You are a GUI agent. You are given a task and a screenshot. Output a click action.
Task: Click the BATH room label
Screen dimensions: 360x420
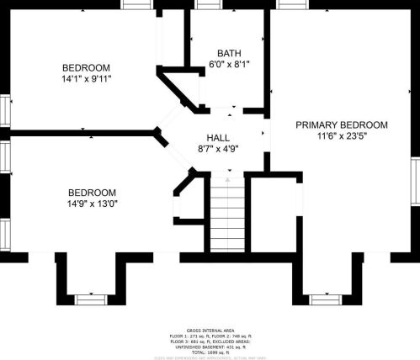tap(228, 52)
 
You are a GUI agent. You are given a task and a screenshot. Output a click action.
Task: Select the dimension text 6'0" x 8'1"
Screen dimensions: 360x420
tap(228, 63)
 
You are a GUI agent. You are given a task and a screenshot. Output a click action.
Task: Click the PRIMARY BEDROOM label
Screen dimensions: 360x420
tap(341, 124)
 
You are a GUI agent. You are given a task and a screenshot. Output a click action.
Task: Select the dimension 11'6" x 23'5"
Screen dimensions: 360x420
tap(341, 135)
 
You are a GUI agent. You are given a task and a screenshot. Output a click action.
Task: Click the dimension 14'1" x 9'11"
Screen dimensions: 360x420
tap(87, 79)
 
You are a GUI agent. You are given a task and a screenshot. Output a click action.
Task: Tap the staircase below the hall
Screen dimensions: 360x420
tap(226, 215)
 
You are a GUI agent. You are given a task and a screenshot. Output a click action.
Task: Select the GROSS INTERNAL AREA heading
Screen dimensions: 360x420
tap(210, 330)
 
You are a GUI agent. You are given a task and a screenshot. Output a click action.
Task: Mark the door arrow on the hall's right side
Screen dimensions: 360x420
tap(263, 133)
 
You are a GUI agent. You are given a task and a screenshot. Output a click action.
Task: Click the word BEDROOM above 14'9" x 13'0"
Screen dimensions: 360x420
tap(92, 193)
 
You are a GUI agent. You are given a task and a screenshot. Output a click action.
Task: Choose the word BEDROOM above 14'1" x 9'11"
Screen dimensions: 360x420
tap(87, 67)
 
